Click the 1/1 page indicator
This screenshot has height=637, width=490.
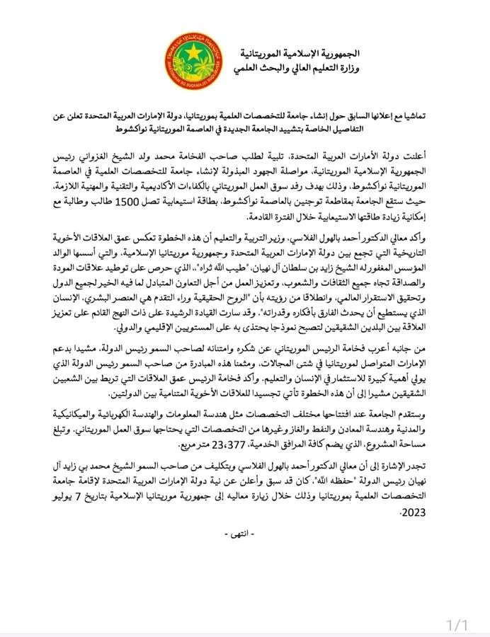(458, 605)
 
